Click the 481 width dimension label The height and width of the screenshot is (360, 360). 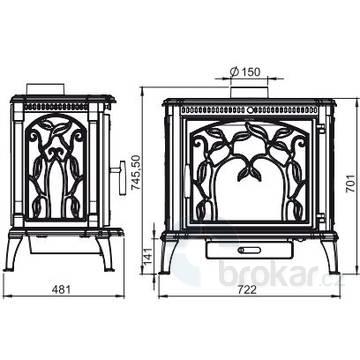coord(61,289)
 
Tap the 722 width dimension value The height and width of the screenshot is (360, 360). coord(247,289)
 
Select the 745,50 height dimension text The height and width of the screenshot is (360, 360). coord(136,173)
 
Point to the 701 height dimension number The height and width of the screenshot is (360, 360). coord(350,183)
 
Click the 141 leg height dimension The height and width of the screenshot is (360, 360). coord(148,256)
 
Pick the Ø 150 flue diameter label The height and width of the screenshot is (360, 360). coord(245,72)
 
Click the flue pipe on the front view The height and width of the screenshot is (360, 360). coord(249,92)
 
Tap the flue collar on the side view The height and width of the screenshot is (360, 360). coord(45,89)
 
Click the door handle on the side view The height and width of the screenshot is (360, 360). coord(119,177)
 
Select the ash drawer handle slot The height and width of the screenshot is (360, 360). coord(249,250)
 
